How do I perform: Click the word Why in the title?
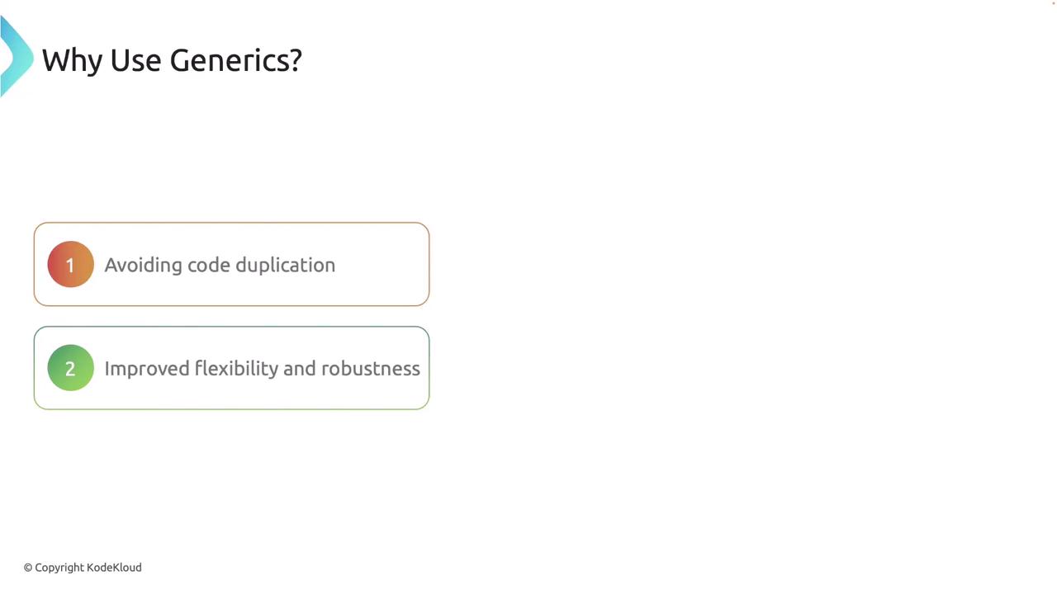click(x=72, y=61)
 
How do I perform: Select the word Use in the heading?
click(x=135, y=61)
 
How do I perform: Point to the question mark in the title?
click(x=295, y=60)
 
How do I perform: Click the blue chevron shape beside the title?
click(x=16, y=57)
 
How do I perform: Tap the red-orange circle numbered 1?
click(x=71, y=264)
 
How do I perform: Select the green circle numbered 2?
click(x=71, y=368)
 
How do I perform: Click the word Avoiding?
click(x=143, y=266)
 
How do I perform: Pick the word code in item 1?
click(x=209, y=265)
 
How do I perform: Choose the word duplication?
click(x=286, y=266)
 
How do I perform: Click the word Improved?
click(x=147, y=369)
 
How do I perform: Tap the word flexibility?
click(x=236, y=369)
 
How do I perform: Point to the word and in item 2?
click(x=299, y=369)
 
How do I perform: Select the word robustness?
click(x=371, y=369)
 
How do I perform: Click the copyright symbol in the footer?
click(x=28, y=568)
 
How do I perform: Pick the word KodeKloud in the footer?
click(x=114, y=567)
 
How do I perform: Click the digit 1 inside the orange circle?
click(x=70, y=266)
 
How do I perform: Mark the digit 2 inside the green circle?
click(x=70, y=369)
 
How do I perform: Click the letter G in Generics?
click(x=180, y=61)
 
